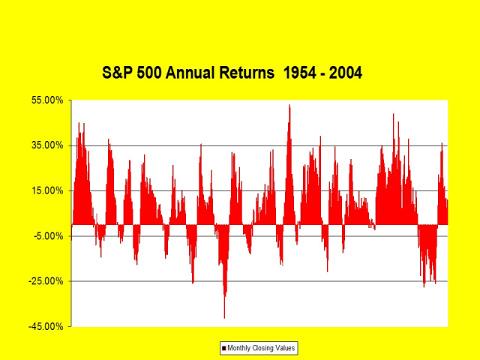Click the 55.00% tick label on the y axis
pos(47,100)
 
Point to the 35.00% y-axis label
pos(47,145)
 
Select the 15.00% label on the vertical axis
pos(47,190)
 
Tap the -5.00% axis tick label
pos(47,236)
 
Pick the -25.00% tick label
pos(46,281)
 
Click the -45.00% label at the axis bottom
pos(46,327)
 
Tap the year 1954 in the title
pos(300,73)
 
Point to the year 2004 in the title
pos(346,73)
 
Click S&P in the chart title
pos(117,73)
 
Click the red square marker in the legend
pos(223,348)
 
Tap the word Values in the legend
pos(284,348)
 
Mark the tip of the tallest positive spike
pos(289,105)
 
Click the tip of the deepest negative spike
pos(224,318)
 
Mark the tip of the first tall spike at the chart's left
pos(79,123)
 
